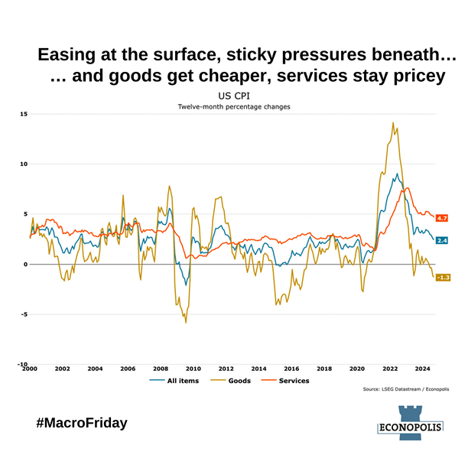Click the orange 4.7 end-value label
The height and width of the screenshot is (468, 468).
(x=442, y=218)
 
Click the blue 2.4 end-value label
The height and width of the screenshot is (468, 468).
(x=442, y=240)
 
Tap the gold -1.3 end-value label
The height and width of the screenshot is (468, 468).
(x=442, y=277)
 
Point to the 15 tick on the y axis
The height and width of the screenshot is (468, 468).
(x=24, y=114)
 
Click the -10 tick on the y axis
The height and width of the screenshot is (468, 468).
(x=23, y=364)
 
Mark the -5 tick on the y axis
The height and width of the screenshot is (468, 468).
(x=24, y=314)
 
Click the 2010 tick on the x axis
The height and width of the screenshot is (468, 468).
(x=193, y=369)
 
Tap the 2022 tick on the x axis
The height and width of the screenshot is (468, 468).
(x=389, y=369)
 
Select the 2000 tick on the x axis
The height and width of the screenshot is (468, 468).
(x=30, y=369)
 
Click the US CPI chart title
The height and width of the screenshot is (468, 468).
(x=234, y=96)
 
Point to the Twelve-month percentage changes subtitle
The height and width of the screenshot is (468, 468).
(x=234, y=107)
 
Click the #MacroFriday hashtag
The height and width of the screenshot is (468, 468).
(x=80, y=422)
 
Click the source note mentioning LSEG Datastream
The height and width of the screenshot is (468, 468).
(x=406, y=389)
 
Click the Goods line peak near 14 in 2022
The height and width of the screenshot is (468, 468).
(x=392, y=122)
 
